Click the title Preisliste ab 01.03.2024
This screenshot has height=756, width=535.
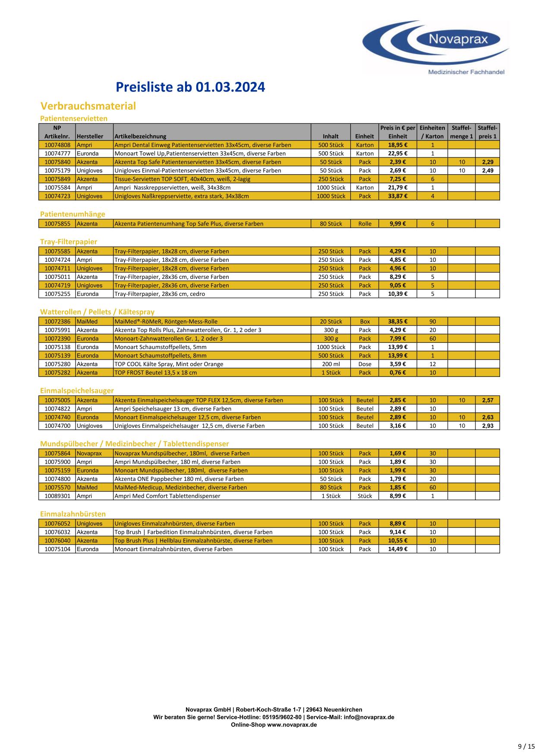click(x=190, y=87)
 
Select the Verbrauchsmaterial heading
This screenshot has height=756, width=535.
click(x=88, y=106)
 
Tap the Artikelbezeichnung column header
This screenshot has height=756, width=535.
click(x=140, y=136)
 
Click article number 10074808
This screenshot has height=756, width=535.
click(x=57, y=145)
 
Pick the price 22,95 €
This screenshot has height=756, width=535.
click(x=397, y=154)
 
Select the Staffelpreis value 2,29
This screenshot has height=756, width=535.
click(x=488, y=162)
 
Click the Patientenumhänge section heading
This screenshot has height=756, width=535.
click(x=72, y=214)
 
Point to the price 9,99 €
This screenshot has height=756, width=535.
click(x=397, y=224)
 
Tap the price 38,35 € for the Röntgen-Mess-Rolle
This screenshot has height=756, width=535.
click(x=397, y=322)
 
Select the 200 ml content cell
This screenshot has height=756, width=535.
click(x=330, y=364)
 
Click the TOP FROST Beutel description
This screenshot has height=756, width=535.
click(x=156, y=373)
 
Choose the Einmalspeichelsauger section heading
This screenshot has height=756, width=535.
click(x=77, y=391)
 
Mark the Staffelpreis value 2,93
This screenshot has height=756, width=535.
click(x=488, y=426)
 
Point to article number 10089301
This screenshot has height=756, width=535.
click(x=57, y=496)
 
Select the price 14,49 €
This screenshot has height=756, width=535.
click(x=397, y=549)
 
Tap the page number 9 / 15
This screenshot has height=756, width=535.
click(x=526, y=746)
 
